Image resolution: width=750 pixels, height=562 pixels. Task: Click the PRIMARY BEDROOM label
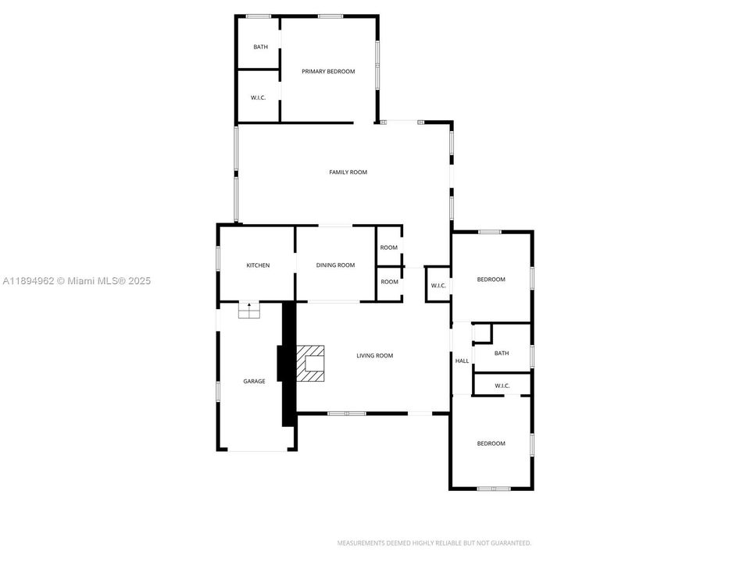pyautogui.click(x=328, y=72)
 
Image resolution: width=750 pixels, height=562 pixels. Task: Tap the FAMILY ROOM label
pyautogui.click(x=348, y=173)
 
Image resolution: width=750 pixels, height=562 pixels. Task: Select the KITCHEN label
pyautogui.click(x=258, y=265)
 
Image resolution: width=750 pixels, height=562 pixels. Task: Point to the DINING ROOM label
pyautogui.click(x=335, y=265)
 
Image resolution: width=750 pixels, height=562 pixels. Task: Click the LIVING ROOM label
pyautogui.click(x=374, y=356)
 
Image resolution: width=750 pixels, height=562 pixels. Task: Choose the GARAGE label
pyautogui.click(x=254, y=382)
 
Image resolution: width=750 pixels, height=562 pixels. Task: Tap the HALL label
pyautogui.click(x=462, y=361)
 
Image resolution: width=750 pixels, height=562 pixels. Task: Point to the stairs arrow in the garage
pyautogui.click(x=249, y=305)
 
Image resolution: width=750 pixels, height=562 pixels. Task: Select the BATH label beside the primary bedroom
pyautogui.click(x=260, y=47)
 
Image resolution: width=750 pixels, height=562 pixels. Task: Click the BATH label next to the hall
pyautogui.click(x=502, y=354)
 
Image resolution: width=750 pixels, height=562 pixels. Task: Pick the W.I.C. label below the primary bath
pyautogui.click(x=259, y=98)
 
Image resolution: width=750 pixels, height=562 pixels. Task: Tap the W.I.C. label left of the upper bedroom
pyautogui.click(x=438, y=286)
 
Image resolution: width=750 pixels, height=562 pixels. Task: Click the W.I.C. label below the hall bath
pyautogui.click(x=502, y=386)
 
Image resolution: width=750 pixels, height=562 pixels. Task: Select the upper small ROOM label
pyautogui.click(x=389, y=247)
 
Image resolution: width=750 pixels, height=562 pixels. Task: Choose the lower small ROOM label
pyautogui.click(x=389, y=282)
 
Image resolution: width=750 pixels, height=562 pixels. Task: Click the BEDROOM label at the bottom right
pyautogui.click(x=491, y=443)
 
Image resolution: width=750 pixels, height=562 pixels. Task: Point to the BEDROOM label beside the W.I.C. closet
pyautogui.click(x=491, y=279)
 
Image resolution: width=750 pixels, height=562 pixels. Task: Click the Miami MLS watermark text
pyautogui.click(x=76, y=281)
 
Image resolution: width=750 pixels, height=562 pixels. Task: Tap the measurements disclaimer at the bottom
pyautogui.click(x=434, y=542)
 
